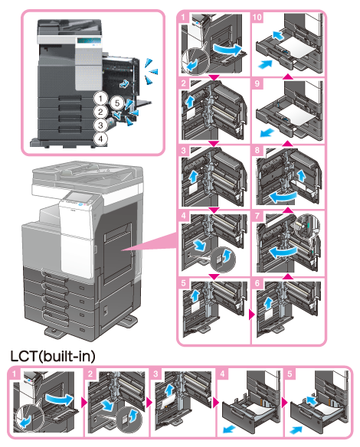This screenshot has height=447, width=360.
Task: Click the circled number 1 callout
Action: click(x=100, y=99)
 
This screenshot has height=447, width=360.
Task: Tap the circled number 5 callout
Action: click(x=116, y=103)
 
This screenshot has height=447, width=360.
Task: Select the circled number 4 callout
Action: click(x=100, y=139)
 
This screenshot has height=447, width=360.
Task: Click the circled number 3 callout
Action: click(x=100, y=125)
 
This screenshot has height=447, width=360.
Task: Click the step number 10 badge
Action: click(x=257, y=17)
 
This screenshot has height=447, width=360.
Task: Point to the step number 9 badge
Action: click(x=257, y=83)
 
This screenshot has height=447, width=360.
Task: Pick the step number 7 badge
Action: click(x=257, y=215)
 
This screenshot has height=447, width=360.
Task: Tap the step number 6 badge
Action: click(x=257, y=282)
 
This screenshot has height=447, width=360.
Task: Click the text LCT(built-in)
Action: click(x=53, y=356)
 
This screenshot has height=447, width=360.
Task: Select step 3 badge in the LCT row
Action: click(x=155, y=374)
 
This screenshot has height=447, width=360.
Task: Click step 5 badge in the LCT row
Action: click(x=290, y=374)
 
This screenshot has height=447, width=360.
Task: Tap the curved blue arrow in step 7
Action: click(x=283, y=252)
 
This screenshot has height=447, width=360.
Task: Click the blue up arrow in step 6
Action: click(x=267, y=303)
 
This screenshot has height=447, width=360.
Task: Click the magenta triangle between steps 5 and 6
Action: click(x=251, y=315)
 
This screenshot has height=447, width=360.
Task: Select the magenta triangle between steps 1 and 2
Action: click(x=214, y=77)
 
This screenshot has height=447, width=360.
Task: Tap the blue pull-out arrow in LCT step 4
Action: click(x=229, y=429)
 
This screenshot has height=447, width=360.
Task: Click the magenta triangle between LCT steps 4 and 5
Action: click(x=284, y=403)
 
